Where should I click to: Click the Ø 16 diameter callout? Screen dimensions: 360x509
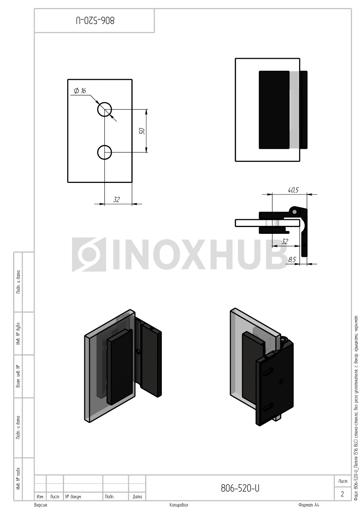pos(80,91)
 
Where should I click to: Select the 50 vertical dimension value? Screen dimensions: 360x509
pos(142,131)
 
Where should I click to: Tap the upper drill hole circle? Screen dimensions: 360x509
pos(105,109)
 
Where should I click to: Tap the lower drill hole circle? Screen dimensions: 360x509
pos(105,152)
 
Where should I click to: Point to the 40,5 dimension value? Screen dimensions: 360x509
pos(293,190)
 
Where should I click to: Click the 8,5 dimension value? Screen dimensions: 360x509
pos(292,260)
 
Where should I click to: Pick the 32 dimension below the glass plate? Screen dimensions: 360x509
pos(117,200)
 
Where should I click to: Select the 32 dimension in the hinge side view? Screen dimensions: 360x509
pos(285,241)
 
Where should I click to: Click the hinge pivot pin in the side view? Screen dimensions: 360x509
pos(294,212)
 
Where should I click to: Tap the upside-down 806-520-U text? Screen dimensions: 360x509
pos(95,20)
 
